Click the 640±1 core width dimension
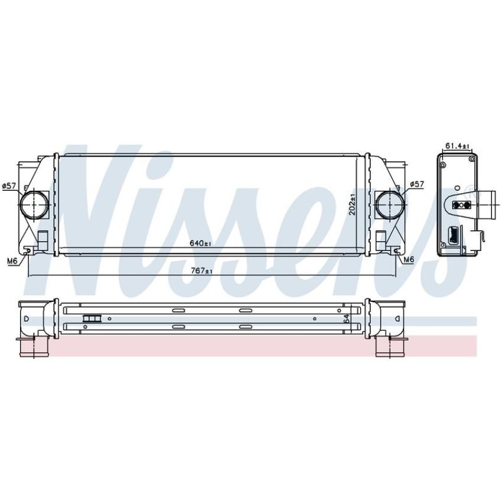tap(201, 243)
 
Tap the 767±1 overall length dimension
tap(202, 271)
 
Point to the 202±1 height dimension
tap(353, 204)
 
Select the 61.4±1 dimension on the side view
tap(458, 146)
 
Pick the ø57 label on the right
tap(417, 184)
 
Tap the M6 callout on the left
tap(12, 261)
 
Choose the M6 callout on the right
tap(409, 260)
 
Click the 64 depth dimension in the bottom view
tap(346, 318)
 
